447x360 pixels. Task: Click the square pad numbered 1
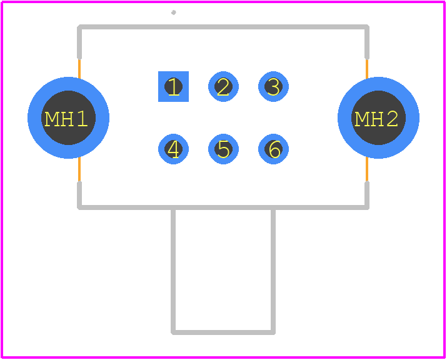pyautogui.click(x=173, y=86)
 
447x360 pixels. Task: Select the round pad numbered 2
pyautogui.click(x=224, y=86)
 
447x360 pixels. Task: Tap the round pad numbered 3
pyautogui.click(x=273, y=86)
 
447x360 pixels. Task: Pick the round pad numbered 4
pyautogui.click(x=173, y=149)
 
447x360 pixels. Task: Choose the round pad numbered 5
pyautogui.click(x=224, y=149)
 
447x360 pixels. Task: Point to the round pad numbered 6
pyautogui.click(x=273, y=149)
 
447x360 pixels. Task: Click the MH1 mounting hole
pyautogui.click(x=68, y=117)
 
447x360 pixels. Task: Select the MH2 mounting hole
pyautogui.click(x=378, y=117)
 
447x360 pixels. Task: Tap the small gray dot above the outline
pyautogui.click(x=173, y=12)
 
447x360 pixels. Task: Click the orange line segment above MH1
pyautogui.click(x=79, y=68)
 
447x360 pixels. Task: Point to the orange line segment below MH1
pyautogui.click(x=79, y=169)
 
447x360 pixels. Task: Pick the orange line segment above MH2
pyautogui.click(x=367, y=68)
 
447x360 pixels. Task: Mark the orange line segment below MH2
pyautogui.click(x=367, y=169)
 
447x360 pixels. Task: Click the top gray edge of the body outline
pyautogui.click(x=223, y=27)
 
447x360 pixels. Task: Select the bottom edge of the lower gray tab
pyautogui.click(x=223, y=332)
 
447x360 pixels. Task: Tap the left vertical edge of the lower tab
pyautogui.click(x=173, y=270)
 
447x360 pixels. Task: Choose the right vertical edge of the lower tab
pyautogui.click(x=273, y=270)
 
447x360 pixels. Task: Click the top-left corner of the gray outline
pyautogui.click(x=79, y=27)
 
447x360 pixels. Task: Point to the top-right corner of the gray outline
pyautogui.click(x=367, y=27)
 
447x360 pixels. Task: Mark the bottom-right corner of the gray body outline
pyautogui.click(x=367, y=207)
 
